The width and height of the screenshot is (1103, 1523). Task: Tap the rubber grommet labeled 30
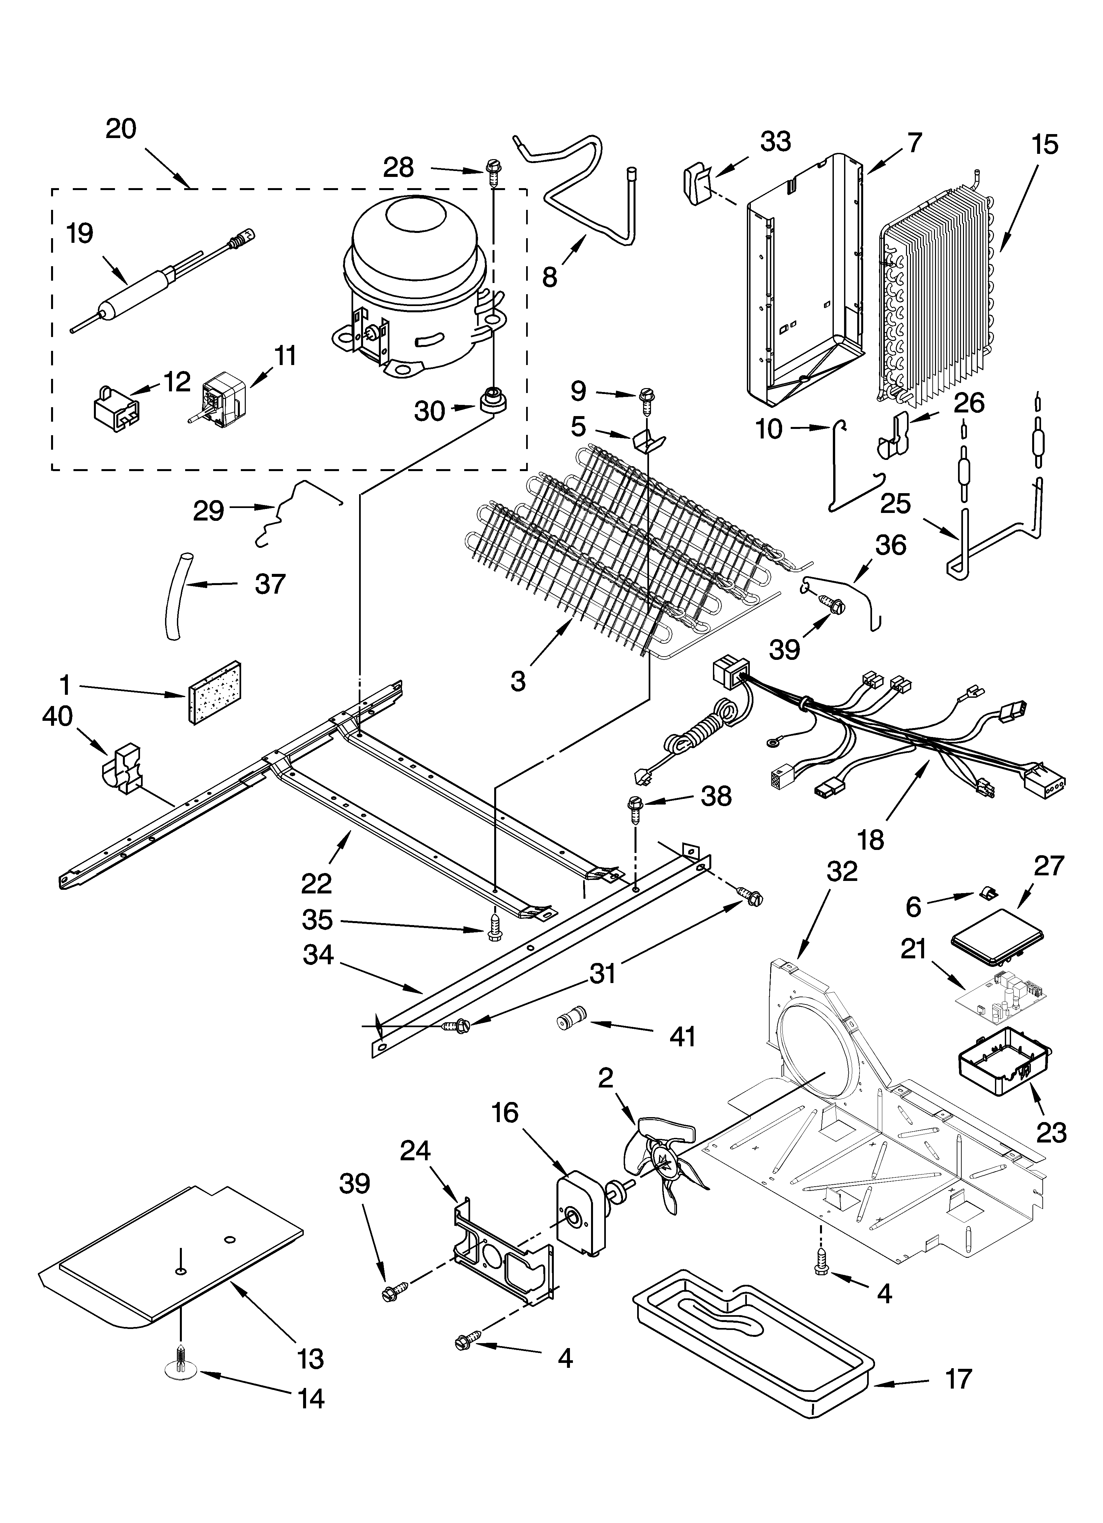tap(493, 401)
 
